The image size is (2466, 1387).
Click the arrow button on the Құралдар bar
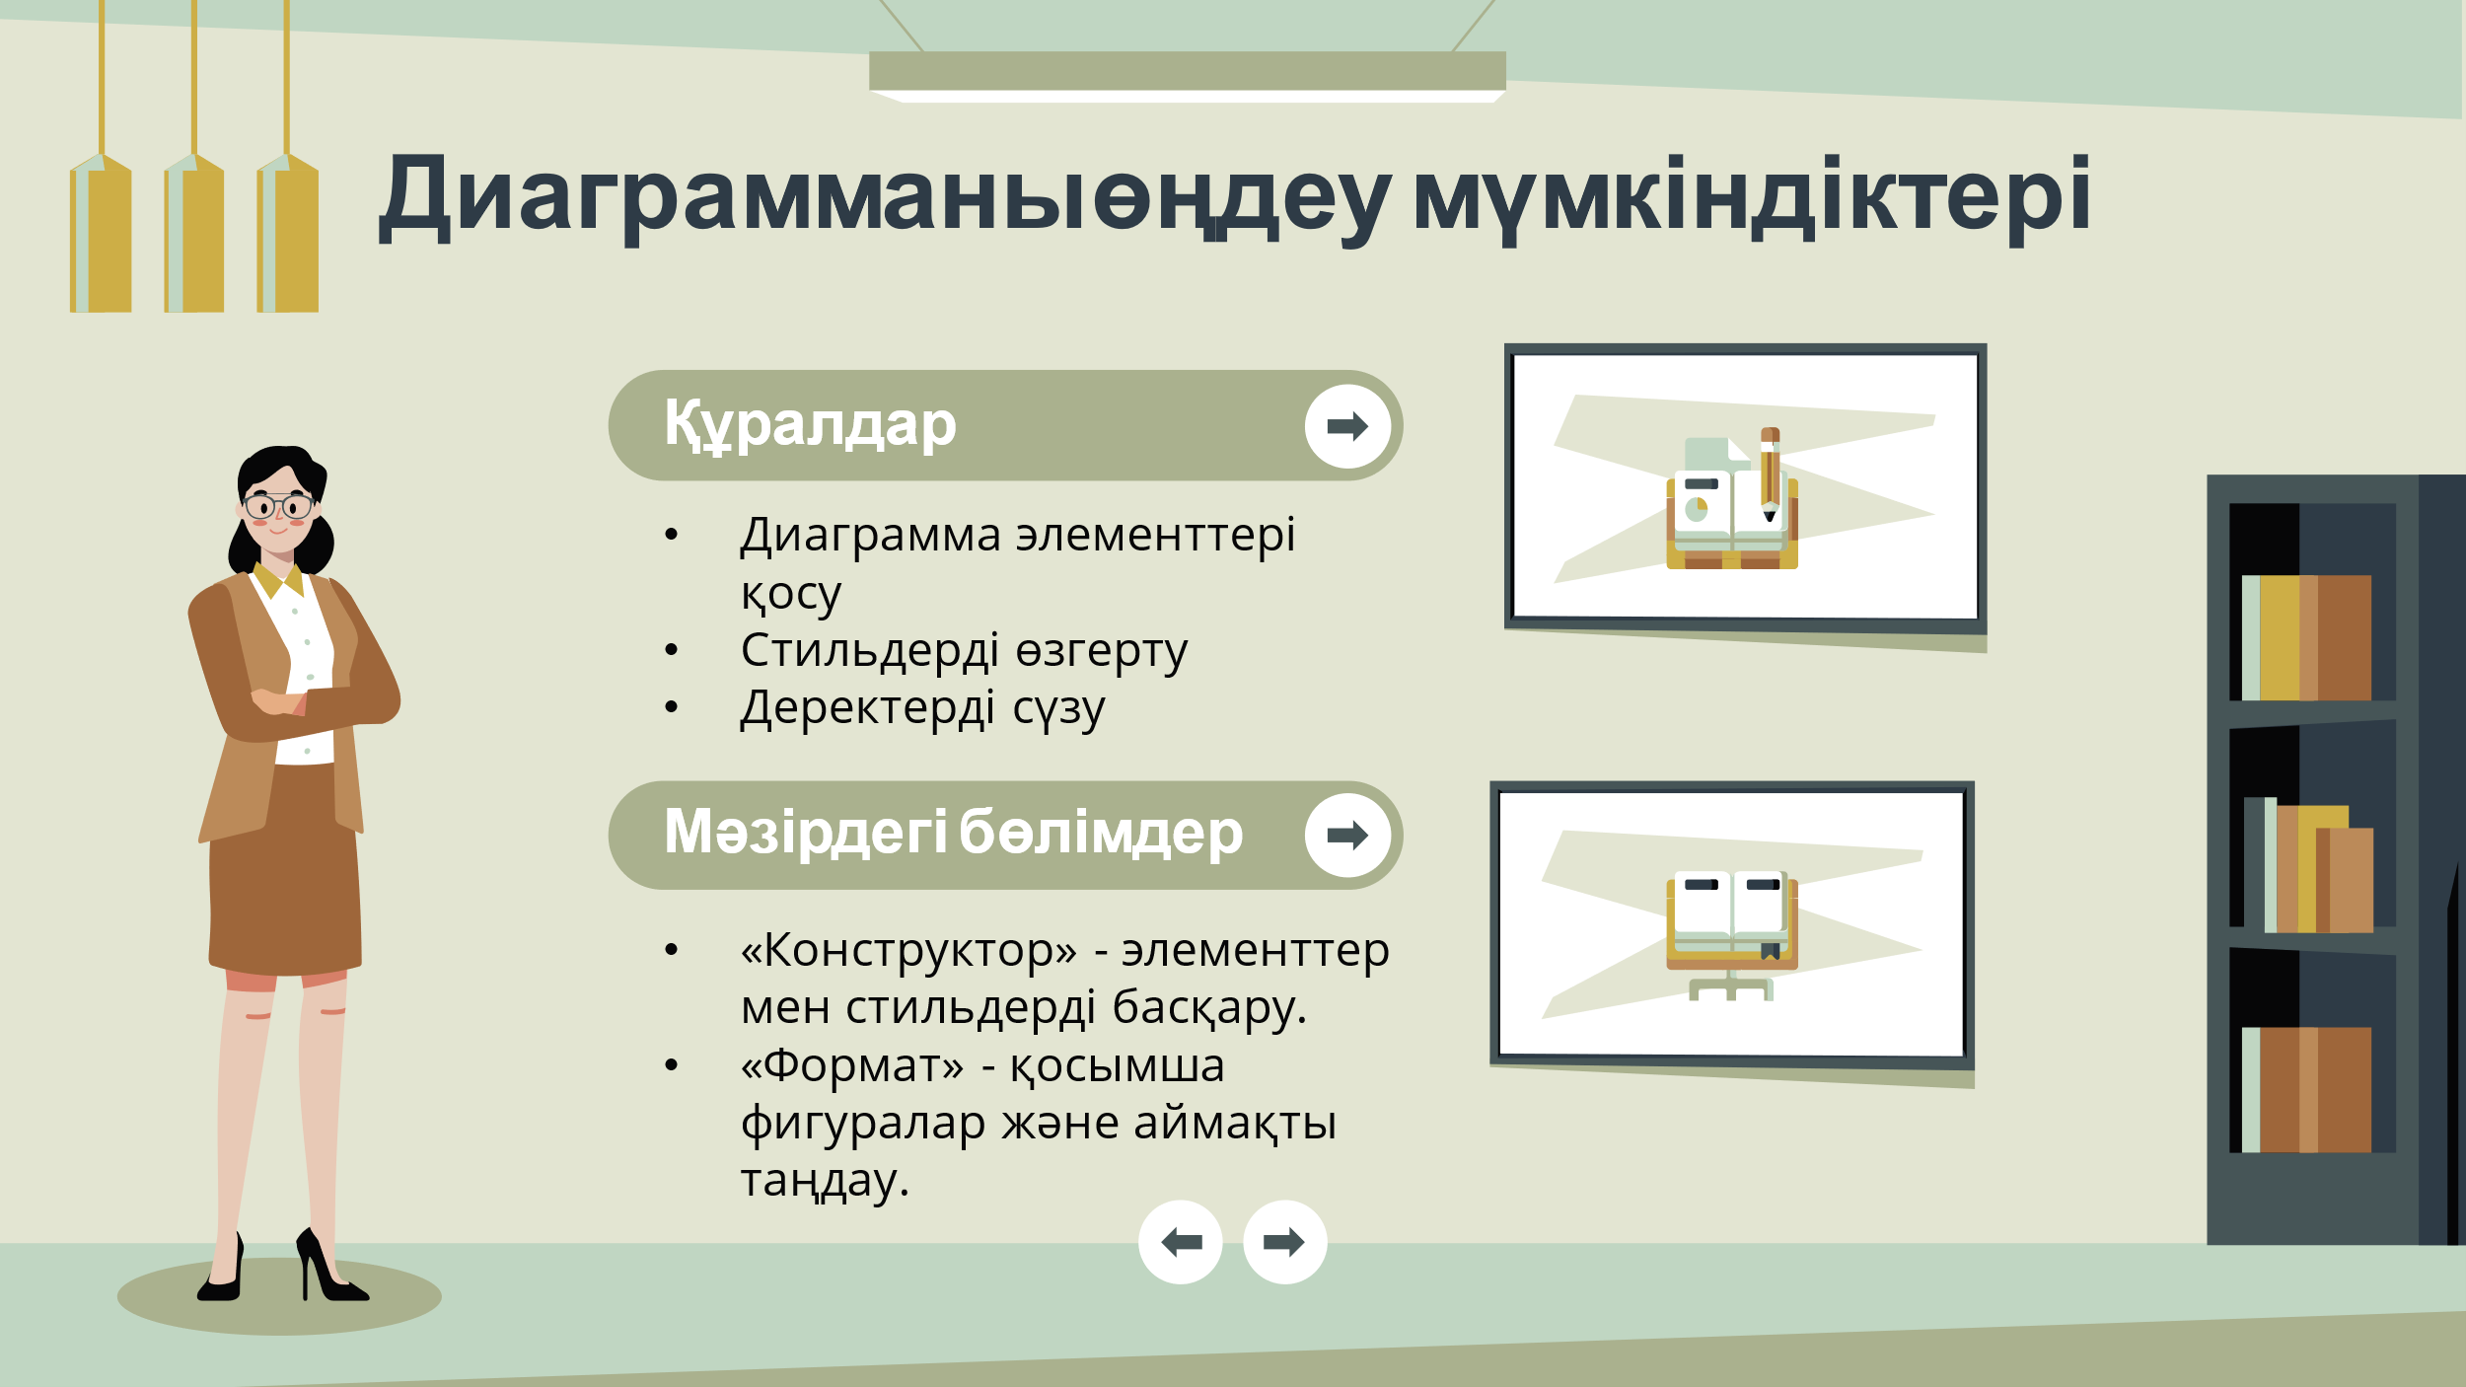[1347, 426]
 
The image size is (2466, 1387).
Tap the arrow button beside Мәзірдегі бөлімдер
[1347, 836]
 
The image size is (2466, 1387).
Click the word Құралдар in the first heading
[810, 425]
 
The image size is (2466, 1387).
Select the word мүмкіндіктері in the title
[1752, 197]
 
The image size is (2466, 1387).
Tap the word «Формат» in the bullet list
[852, 1065]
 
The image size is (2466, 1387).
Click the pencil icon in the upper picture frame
[1770, 474]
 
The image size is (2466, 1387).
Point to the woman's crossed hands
[280, 702]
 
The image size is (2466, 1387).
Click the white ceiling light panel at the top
[1188, 96]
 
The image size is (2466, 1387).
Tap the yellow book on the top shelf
[2279, 637]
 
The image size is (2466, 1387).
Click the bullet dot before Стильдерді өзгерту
[672, 650]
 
